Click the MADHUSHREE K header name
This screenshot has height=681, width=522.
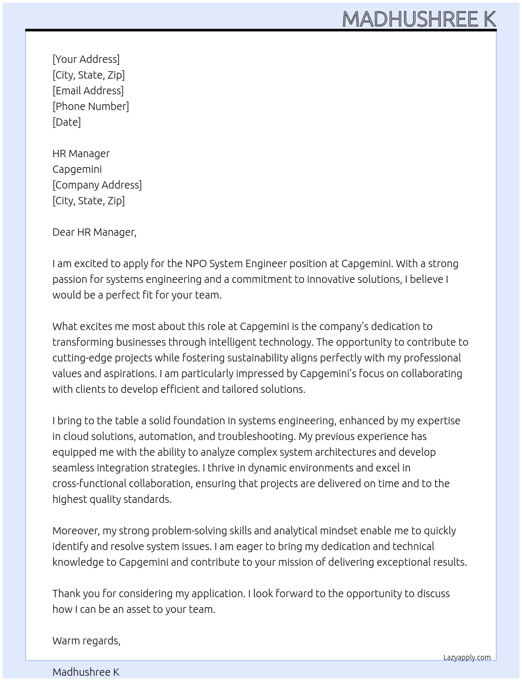click(x=419, y=19)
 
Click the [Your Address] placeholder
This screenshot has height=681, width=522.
click(x=86, y=59)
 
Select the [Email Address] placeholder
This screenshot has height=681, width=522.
click(x=88, y=91)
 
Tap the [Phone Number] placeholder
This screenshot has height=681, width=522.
click(x=91, y=106)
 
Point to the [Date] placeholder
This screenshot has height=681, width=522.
click(x=67, y=122)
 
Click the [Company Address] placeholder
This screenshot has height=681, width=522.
click(x=97, y=185)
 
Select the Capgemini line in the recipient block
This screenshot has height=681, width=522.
click(x=77, y=169)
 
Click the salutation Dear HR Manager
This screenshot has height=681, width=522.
click(x=94, y=232)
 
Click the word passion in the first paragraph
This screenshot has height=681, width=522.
click(x=71, y=279)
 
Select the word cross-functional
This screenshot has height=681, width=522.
click(x=89, y=484)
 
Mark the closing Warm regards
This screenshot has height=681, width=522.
click(x=86, y=641)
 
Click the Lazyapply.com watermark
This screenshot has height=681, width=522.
click(x=467, y=657)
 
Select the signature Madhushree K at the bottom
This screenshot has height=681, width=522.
click(x=86, y=672)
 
